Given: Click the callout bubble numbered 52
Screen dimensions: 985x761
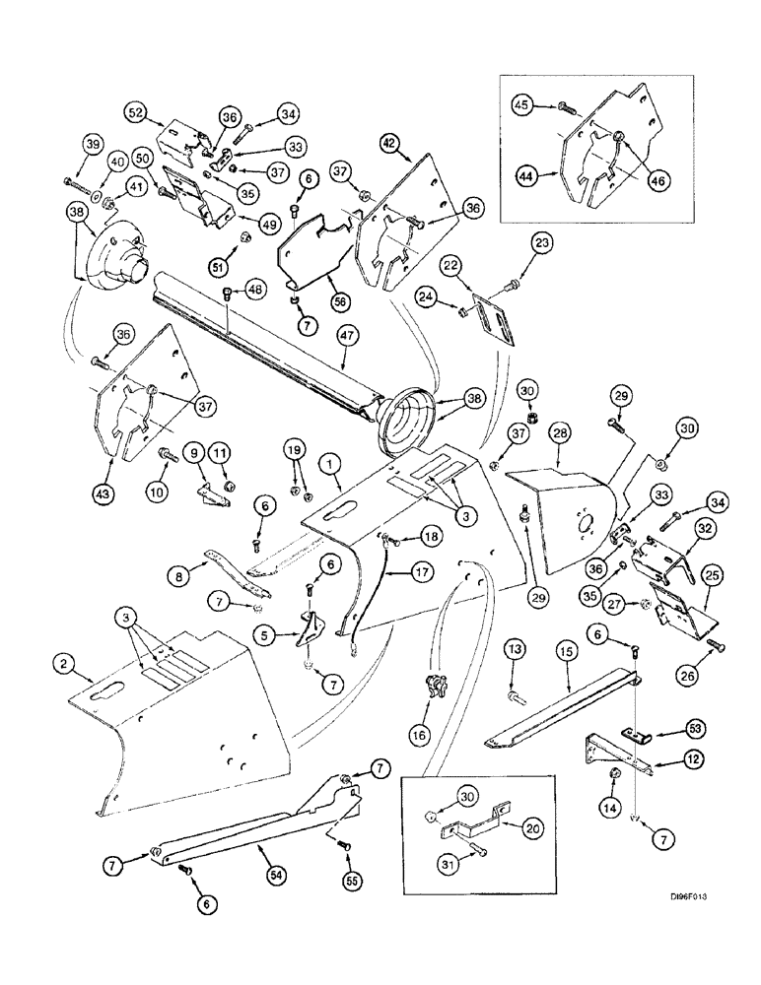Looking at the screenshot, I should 136,113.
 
